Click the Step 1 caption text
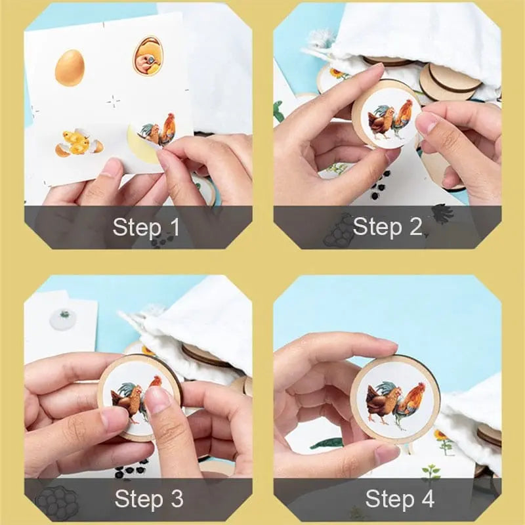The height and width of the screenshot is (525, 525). [x=146, y=228]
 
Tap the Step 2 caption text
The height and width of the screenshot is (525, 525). [x=387, y=228]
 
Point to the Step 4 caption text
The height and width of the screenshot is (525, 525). [x=399, y=499]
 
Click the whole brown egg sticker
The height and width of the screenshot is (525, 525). [x=69, y=68]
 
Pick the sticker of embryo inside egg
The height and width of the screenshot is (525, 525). [x=147, y=56]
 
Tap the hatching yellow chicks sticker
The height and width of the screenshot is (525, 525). [x=77, y=142]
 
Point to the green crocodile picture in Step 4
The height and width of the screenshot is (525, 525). [x=326, y=444]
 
